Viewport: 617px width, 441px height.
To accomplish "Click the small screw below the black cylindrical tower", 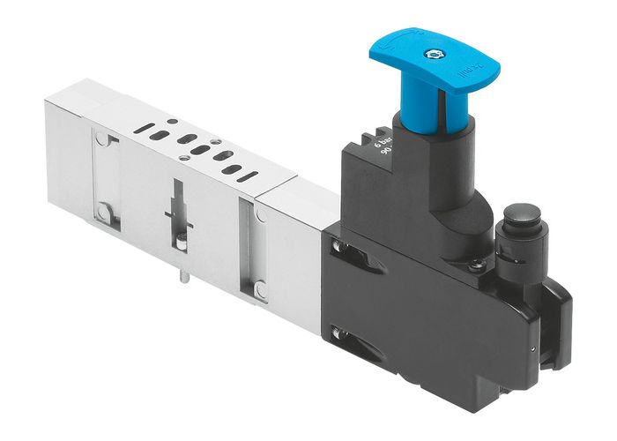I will [x=477, y=264].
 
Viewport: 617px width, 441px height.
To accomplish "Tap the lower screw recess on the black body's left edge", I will [x=337, y=333].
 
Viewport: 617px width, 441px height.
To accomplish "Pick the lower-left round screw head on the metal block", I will [x=105, y=211].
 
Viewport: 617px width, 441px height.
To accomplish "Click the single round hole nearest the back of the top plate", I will [x=173, y=122].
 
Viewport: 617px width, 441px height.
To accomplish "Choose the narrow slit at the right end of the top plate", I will [x=249, y=176].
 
